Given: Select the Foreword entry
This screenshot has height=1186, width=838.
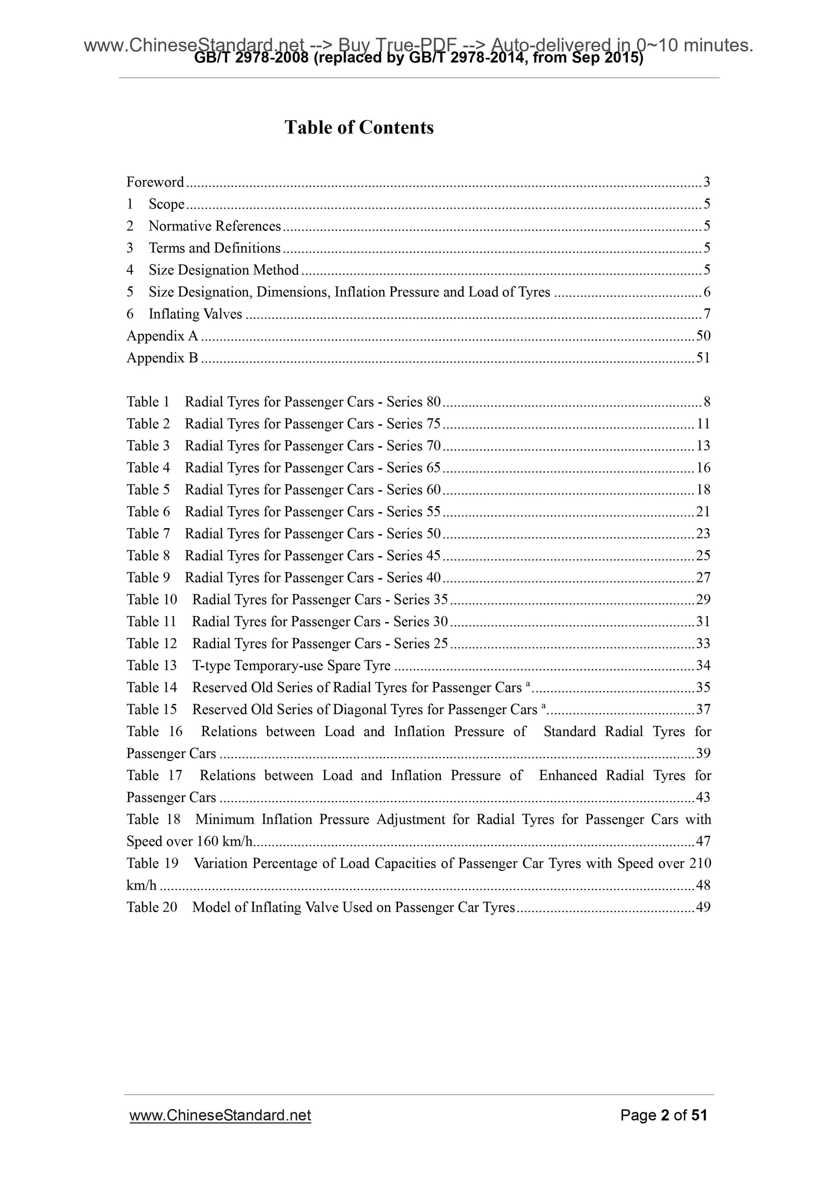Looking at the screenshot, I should tap(155, 182).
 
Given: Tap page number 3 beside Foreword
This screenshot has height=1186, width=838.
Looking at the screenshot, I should tap(706, 182).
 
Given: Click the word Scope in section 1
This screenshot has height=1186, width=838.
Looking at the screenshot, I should tap(166, 204).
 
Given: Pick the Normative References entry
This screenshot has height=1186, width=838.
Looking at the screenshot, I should tap(214, 226).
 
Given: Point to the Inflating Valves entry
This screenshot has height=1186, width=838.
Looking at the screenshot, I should tap(195, 314).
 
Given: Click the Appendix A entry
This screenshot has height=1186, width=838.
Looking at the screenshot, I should tap(162, 336).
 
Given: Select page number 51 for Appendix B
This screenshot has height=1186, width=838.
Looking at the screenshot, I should tap(703, 358).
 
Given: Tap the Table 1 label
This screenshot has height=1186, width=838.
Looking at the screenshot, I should tap(148, 402).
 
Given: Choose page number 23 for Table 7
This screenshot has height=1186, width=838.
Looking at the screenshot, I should tap(703, 534).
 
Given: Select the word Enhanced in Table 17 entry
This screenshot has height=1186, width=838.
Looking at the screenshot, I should tap(568, 775).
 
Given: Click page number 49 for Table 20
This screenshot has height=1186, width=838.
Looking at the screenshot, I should tap(703, 908).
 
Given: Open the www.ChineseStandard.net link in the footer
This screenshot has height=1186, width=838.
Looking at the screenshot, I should tap(220, 1115).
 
